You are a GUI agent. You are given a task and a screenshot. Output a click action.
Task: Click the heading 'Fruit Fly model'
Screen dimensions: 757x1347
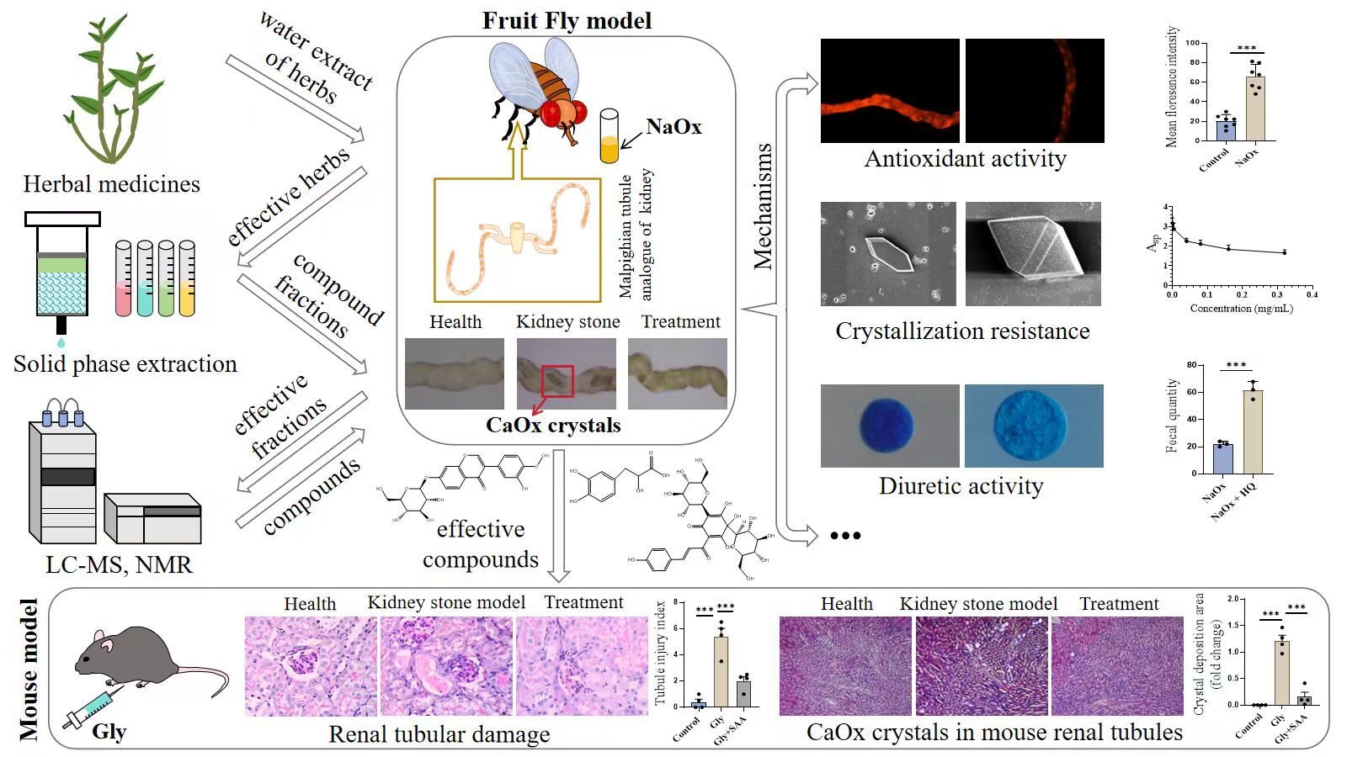click(x=567, y=20)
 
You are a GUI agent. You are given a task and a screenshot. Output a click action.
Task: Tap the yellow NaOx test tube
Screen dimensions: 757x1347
click(x=609, y=137)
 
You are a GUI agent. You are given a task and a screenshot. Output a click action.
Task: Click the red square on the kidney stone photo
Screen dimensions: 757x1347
click(x=556, y=381)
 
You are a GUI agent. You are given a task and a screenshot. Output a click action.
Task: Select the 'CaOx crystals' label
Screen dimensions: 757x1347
click(x=553, y=426)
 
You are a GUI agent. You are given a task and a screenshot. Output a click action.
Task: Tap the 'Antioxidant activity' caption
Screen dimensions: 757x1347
click(x=965, y=159)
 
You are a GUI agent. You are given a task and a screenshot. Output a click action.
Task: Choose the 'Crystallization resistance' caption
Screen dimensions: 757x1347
click(x=962, y=331)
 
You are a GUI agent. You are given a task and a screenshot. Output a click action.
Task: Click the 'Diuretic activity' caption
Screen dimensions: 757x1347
click(x=961, y=486)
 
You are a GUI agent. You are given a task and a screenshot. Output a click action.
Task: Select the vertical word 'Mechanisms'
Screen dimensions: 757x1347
click(x=763, y=206)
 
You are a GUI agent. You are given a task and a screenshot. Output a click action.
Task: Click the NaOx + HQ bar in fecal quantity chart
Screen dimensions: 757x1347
click(x=1252, y=431)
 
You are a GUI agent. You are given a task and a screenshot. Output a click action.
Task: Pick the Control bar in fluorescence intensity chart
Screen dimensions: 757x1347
click(x=1225, y=130)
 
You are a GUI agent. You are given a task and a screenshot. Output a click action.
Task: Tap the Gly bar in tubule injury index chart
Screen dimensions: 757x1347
click(x=720, y=671)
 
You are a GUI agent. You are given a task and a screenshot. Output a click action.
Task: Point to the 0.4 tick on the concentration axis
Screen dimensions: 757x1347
click(x=1312, y=295)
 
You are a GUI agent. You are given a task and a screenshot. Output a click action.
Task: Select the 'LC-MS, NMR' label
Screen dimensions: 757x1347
click(x=119, y=564)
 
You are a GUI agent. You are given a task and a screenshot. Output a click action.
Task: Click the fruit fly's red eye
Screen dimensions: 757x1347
click(x=555, y=114)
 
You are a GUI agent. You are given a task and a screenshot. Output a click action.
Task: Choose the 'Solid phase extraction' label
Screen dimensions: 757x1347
click(x=125, y=364)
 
